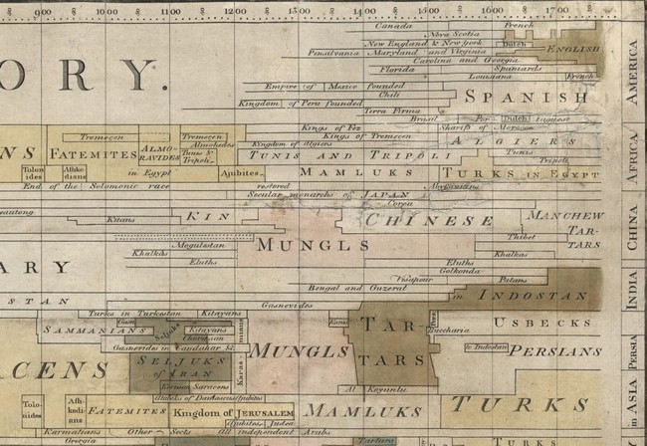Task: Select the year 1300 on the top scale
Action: (x=299, y=10)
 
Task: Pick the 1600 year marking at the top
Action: (x=492, y=10)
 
